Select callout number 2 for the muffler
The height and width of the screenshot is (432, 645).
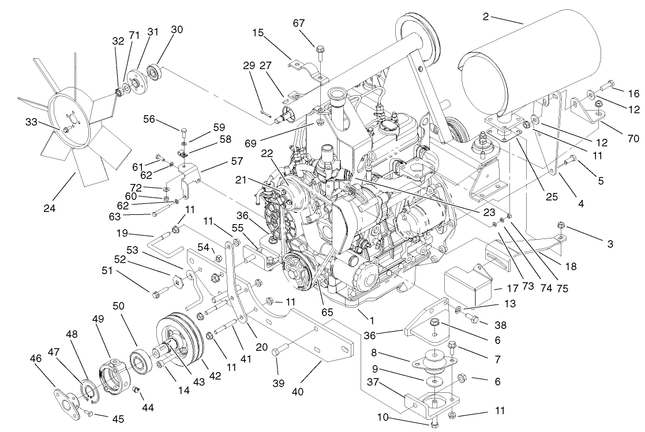[486, 17]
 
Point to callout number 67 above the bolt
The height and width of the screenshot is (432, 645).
[314, 23]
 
